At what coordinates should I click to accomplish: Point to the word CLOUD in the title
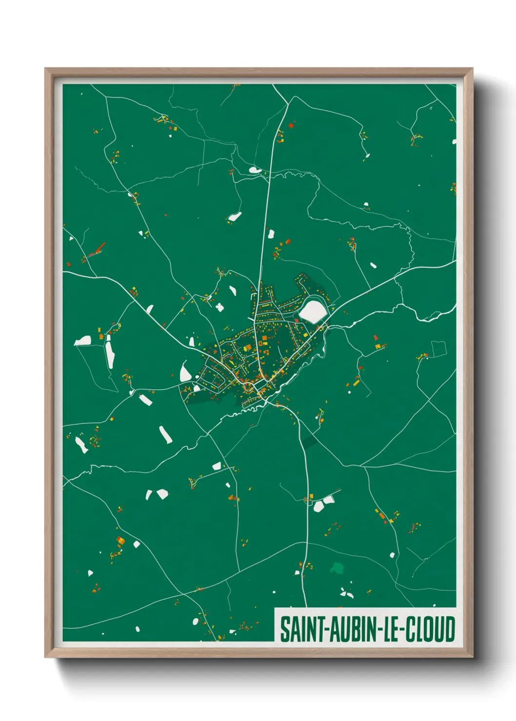click(430, 629)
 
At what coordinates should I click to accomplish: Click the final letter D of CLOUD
click(450, 629)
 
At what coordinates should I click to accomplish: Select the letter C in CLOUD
click(411, 629)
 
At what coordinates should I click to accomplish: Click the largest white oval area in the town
click(313, 311)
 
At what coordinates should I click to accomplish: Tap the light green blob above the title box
click(337, 568)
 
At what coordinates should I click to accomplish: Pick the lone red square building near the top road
click(291, 126)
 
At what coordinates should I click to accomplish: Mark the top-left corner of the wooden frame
click(45, 69)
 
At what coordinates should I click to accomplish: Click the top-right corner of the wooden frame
click(472, 69)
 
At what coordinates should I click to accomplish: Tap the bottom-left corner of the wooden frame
click(45, 657)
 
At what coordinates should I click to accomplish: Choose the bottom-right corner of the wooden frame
click(472, 657)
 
